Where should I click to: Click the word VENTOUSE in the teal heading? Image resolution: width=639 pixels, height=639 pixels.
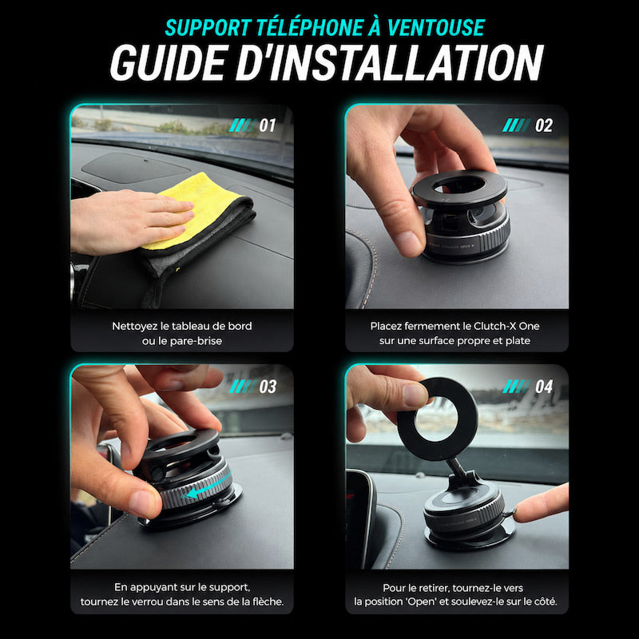[435, 28]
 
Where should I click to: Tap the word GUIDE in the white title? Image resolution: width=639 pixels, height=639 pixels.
[168, 63]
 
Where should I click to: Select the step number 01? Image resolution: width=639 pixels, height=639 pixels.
[268, 125]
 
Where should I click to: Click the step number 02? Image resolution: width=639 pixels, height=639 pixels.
[544, 125]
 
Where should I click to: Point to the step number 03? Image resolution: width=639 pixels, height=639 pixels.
[268, 387]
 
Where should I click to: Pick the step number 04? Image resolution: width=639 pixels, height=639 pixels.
[544, 387]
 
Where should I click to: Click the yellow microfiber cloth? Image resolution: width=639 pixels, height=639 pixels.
[196, 212]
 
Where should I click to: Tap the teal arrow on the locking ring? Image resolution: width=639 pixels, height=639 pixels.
[206, 486]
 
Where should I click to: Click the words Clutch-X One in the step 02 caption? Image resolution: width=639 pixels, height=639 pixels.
[506, 326]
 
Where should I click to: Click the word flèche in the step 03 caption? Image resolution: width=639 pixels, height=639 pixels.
[268, 601]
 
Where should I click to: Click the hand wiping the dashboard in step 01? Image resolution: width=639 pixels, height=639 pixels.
[130, 221]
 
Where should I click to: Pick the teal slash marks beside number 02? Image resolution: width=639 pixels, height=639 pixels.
[516, 125]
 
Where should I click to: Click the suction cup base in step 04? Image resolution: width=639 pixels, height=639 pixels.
[469, 538]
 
